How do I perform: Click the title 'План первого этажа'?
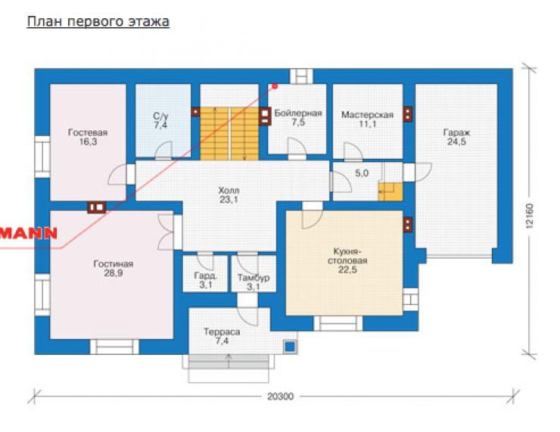98,22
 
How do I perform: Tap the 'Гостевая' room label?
88,132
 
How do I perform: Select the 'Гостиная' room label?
114,264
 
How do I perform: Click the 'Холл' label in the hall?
229,191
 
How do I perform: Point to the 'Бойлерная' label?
298,113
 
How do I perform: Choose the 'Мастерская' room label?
367,115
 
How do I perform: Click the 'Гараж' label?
456,132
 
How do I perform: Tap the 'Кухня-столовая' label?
347,256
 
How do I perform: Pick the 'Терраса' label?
222,331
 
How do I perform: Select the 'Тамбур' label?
254,278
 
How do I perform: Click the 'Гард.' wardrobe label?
206,276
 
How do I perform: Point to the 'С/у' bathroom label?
160,116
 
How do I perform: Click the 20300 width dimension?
280,396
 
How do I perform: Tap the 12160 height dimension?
529,216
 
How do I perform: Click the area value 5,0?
362,173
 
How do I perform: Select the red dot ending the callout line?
275,86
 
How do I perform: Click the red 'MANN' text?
29,233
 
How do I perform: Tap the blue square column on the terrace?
291,347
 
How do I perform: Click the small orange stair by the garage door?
390,191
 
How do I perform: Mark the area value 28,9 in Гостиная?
114,273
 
